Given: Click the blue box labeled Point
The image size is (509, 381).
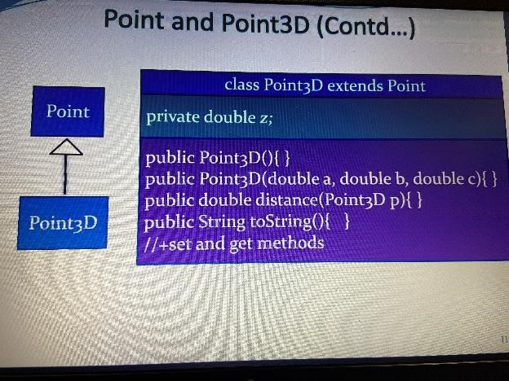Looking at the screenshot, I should (x=68, y=112).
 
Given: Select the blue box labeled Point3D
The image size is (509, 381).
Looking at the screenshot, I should (x=63, y=222).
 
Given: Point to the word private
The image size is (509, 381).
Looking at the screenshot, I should (x=172, y=117).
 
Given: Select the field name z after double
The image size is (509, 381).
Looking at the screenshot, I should (x=264, y=118).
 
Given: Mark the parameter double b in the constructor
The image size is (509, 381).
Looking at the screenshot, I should (x=373, y=179).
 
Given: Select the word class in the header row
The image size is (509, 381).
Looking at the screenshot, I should (x=242, y=85).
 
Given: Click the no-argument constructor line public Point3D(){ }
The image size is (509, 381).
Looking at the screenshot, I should (x=217, y=158).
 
